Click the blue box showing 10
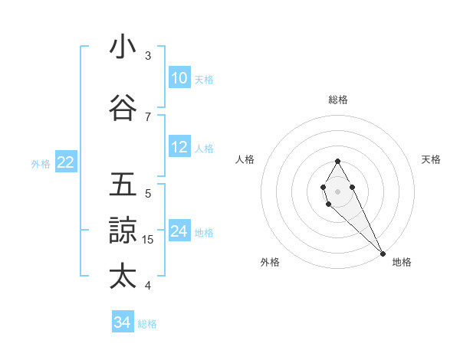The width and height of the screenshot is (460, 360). pos(179,78)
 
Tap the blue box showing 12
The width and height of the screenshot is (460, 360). pos(179,147)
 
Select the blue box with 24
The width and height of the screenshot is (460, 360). pos(179,231)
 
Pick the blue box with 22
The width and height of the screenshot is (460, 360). pos(66,162)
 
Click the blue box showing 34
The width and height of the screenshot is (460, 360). pos(123,322)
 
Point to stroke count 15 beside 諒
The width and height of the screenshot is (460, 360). pos(148,240)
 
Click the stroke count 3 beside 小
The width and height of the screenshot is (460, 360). pos(148,56)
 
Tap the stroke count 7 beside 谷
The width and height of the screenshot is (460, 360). pos(148,116)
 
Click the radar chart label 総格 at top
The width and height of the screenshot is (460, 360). pos(338,100)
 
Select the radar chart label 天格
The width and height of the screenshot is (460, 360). pos(432,159)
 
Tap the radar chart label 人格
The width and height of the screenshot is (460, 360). pos(245,159)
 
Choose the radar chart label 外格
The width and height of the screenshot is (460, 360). pos(270,262)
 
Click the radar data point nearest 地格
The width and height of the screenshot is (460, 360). pos(383,254)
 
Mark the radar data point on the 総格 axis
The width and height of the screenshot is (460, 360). pos(338,161)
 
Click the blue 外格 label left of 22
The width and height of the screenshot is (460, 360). pos(41,163)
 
